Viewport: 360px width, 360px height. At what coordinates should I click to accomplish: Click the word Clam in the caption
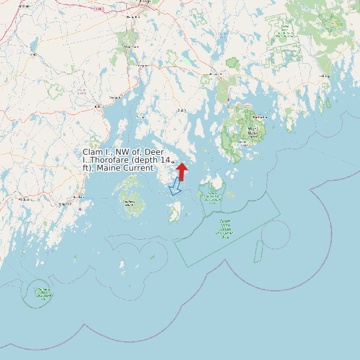(92, 152)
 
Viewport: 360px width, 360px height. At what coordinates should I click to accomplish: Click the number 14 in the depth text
(166, 160)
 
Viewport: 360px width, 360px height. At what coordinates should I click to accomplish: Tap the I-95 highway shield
(98, 9)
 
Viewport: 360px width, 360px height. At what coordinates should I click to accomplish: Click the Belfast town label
(98, 106)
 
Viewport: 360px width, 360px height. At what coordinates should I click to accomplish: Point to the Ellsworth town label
(215, 74)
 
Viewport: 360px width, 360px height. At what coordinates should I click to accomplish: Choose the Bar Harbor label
(260, 117)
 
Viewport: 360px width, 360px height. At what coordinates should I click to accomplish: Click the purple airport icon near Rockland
(80, 209)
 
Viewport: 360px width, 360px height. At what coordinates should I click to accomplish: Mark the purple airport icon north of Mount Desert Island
(228, 100)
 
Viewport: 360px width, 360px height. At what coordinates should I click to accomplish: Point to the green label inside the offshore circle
(43, 292)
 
